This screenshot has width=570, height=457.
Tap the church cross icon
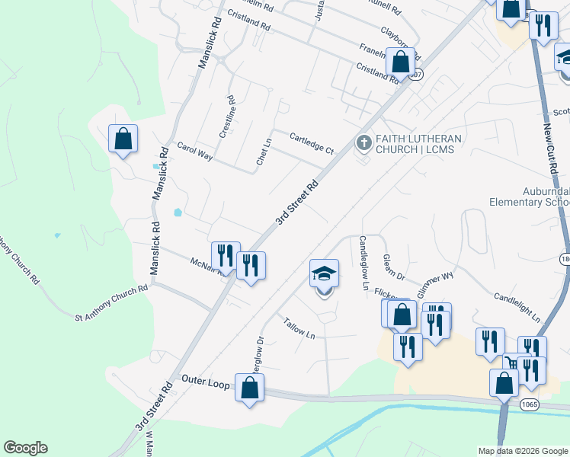363,142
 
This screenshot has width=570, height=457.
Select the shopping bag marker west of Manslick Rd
123,139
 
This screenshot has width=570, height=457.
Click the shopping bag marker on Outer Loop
249,388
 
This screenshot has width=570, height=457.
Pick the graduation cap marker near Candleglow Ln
324,275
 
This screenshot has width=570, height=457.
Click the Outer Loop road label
206,382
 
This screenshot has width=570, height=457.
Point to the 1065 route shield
530,404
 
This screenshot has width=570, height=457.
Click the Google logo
25,448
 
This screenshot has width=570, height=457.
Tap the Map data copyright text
523,451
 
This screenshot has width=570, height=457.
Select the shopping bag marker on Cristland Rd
400,63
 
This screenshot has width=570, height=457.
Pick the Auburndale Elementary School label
529,197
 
